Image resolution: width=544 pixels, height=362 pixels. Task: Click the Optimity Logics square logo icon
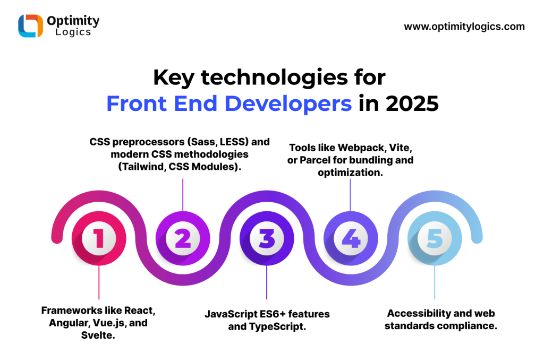click(x=30, y=25)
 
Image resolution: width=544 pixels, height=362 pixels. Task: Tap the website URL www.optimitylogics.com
click(x=464, y=27)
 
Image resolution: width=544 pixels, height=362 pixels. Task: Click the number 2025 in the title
click(x=412, y=104)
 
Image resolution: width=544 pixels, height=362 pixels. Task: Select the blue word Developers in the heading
click(x=288, y=104)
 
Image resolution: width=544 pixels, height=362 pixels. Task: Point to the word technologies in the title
click(x=275, y=77)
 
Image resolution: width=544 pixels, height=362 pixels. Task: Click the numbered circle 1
click(x=99, y=238)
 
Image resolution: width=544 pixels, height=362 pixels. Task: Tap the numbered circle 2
click(x=183, y=238)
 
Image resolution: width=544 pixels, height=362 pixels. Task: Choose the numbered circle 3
click(x=267, y=238)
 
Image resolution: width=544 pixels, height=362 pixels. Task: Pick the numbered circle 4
click(x=351, y=238)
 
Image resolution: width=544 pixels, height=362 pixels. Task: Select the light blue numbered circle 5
click(x=435, y=238)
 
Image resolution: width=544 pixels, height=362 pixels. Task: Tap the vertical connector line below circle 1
click(x=99, y=282)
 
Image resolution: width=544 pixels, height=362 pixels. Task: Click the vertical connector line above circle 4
click(x=351, y=195)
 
